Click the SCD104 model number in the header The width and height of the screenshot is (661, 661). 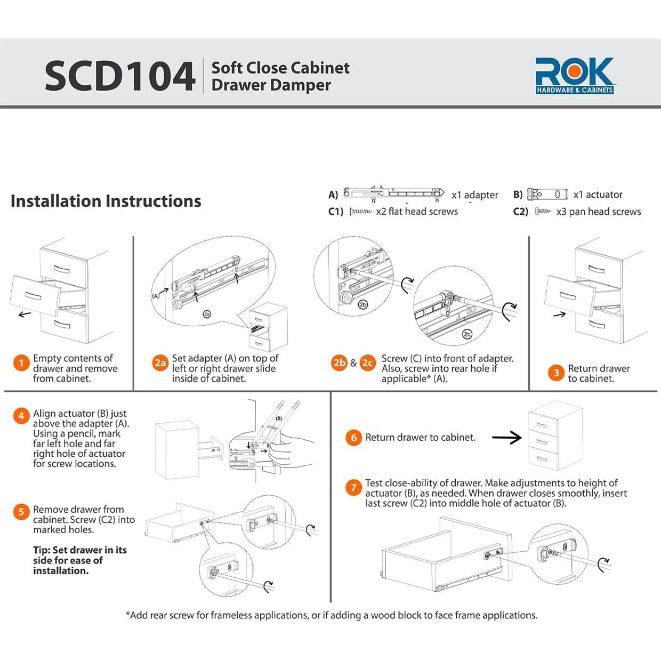[120, 76]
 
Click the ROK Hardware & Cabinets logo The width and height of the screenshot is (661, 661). [575, 76]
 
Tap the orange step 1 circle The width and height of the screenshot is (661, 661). [21, 363]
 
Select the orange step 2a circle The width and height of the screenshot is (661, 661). [160, 363]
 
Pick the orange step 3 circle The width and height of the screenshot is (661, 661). [557, 373]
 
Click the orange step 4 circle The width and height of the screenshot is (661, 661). [21, 416]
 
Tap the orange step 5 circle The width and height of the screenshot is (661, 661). [21, 512]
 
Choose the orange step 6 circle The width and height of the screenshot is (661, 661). [353, 438]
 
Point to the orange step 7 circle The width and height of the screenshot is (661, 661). [353, 487]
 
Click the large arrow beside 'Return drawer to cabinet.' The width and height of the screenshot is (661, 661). [506, 438]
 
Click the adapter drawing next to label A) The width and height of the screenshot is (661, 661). [394, 194]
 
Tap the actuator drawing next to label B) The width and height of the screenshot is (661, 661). [547, 195]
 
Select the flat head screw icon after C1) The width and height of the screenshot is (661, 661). [360, 212]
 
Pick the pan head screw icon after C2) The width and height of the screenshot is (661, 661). [543, 211]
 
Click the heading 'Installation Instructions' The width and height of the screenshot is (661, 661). [106, 201]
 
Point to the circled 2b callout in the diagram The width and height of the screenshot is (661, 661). [362, 304]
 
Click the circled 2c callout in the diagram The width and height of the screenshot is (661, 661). [467, 334]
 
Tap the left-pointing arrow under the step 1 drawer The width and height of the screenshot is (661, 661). [25, 314]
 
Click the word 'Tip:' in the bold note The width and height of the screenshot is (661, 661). [42, 550]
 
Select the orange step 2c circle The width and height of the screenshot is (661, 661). [368, 363]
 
